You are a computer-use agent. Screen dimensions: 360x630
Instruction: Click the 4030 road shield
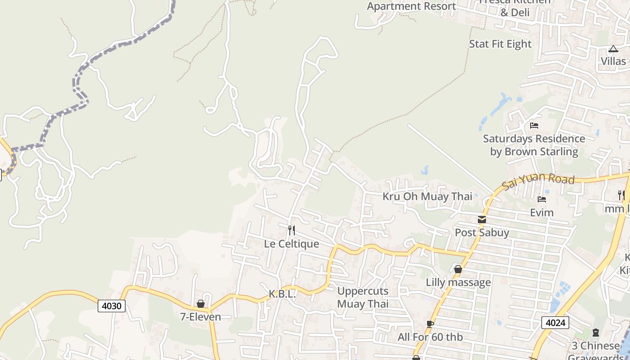pos(112,306)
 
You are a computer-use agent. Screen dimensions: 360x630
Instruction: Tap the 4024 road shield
pos(555,323)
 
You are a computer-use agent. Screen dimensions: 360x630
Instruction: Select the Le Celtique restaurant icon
pos(292,231)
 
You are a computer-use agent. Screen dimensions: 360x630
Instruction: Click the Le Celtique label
pos(292,244)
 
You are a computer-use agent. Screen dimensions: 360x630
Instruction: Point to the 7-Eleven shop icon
pos(201,304)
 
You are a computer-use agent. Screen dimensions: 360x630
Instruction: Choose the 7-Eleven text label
pos(201,317)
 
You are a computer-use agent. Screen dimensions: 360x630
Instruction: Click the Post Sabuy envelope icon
pos(482,220)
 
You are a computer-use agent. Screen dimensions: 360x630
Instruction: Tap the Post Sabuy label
pos(482,233)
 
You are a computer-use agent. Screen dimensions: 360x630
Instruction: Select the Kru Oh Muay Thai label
pos(427,197)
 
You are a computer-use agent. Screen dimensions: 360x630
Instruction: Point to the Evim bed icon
pos(542,199)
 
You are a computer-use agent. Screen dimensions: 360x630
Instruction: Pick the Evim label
pos(542,212)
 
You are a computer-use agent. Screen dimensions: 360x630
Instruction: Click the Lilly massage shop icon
pos(458,270)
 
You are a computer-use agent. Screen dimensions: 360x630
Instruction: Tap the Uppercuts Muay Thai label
pos(363,297)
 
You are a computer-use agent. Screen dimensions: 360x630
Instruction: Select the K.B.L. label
pos(282,294)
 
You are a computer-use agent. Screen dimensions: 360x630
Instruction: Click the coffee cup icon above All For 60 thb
pos(430,324)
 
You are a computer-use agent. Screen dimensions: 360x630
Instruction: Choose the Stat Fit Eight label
pos(500,44)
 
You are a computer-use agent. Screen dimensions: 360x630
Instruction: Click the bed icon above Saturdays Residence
pos(534,126)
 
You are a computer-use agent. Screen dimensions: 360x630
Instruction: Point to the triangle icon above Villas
pos(613,49)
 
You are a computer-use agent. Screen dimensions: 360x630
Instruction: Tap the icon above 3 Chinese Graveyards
pos(596,333)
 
